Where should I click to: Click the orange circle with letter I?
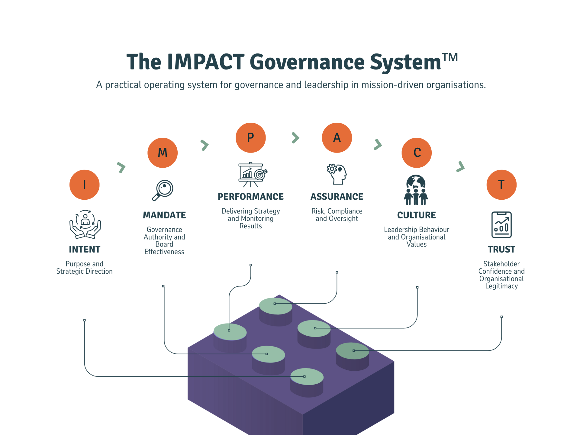coord(85,185)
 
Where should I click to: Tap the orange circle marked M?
coord(163,153)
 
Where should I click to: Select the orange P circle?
coord(250,138)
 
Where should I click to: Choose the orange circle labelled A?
coord(337,138)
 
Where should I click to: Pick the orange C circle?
coord(417,153)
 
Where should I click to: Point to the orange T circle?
coord(501,185)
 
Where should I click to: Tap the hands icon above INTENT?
coord(85,224)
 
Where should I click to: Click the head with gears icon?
coord(337,174)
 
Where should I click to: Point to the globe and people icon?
coord(416,190)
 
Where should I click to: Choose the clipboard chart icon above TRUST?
coord(501,225)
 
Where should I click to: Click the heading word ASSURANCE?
coord(337,197)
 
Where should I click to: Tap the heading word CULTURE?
coord(417,215)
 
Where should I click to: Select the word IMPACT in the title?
coord(205,62)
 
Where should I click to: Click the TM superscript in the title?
coord(450,57)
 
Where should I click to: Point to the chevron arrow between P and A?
coord(295,138)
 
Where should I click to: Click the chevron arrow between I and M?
coord(121,167)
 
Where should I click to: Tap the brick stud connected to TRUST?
coord(353,351)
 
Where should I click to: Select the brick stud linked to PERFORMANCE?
coord(230,332)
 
